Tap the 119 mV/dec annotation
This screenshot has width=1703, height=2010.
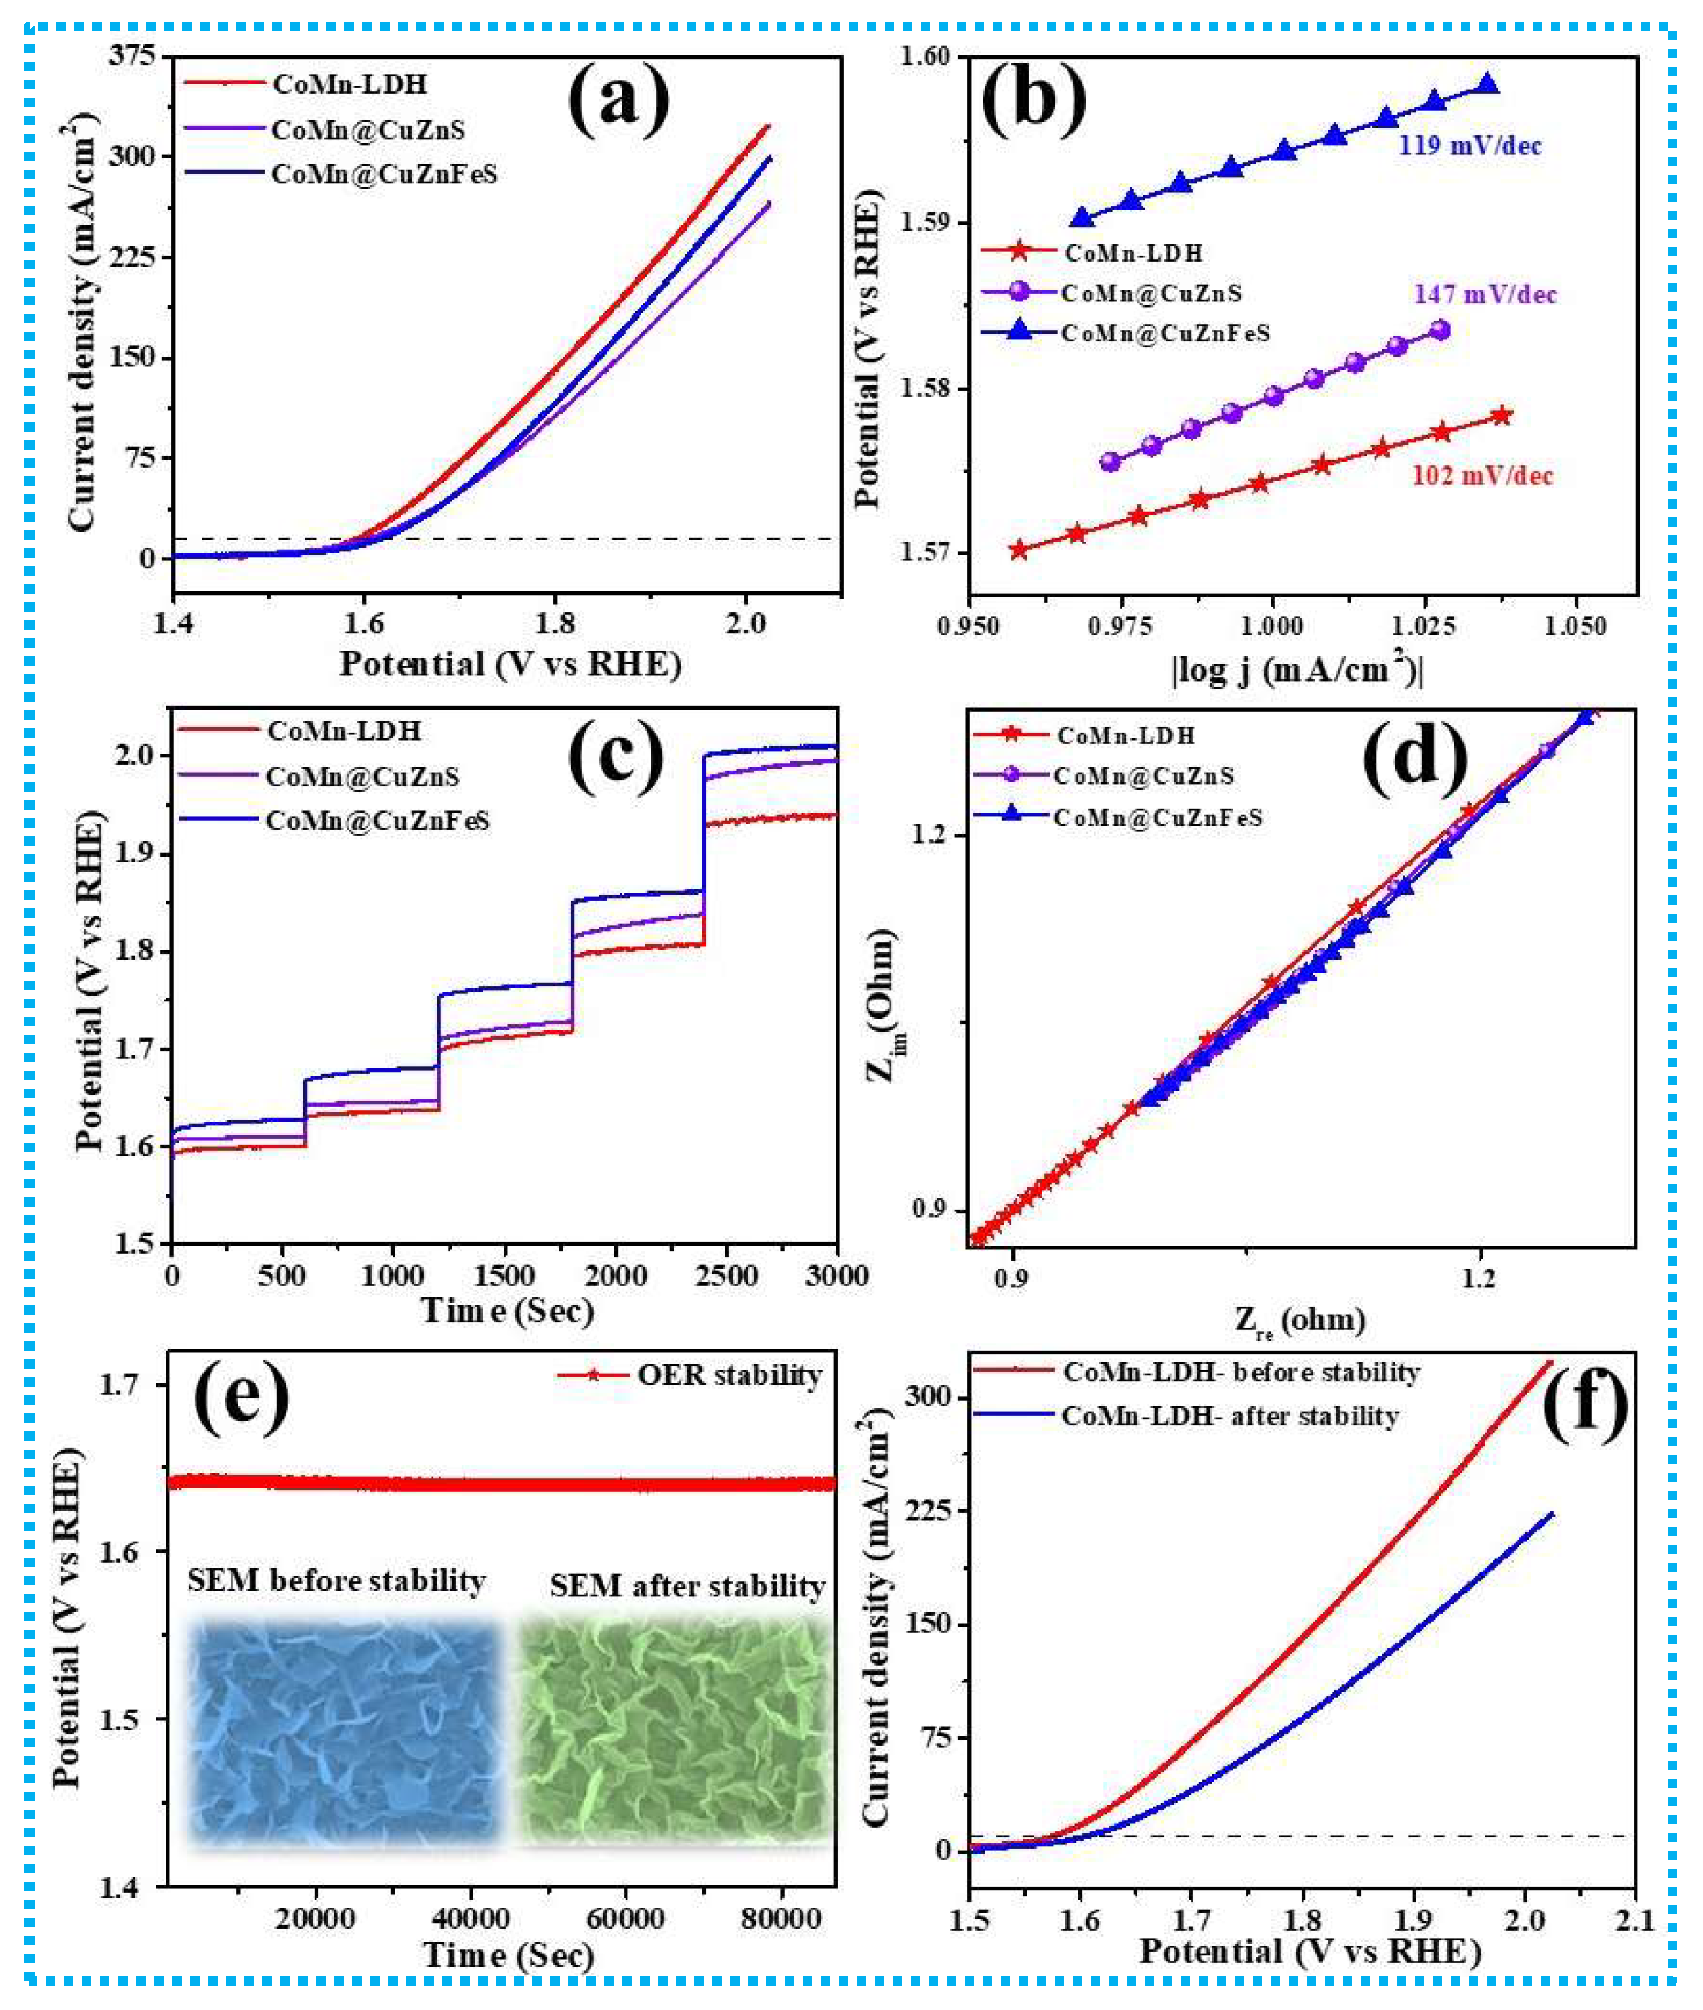pyautogui.click(x=1470, y=147)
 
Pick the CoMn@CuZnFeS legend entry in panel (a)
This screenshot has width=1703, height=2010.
pyautogui.click(x=383, y=175)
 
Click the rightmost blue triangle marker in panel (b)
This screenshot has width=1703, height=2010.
pyautogui.click(x=1488, y=85)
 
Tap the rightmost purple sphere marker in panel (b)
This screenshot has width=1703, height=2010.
pyautogui.click(x=1439, y=330)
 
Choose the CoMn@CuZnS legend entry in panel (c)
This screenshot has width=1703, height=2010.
pyautogui.click(x=362, y=777)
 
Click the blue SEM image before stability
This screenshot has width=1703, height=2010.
pyautogui.click(x=344, y=1732)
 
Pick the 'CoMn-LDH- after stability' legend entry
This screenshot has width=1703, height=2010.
pyautogui.click(x=1229, y=1416)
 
